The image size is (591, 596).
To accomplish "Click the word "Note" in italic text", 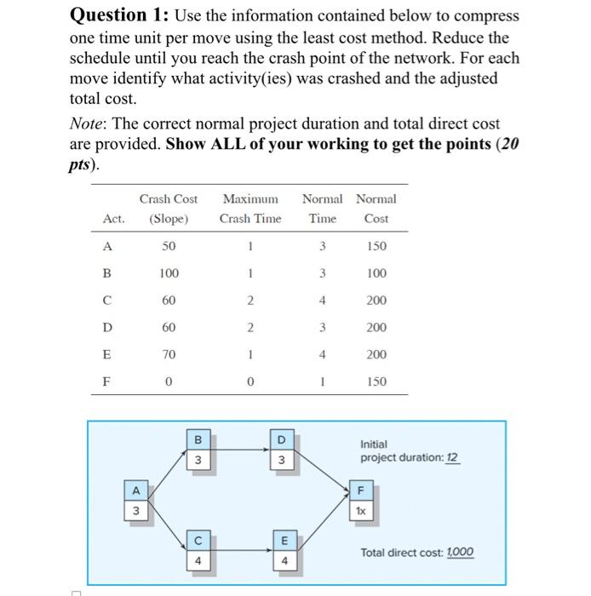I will pyautogui.click(x=85, y=124).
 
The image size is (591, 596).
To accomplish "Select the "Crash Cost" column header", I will pyautogui.click(x=169, y=199).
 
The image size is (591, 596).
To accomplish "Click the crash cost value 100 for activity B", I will pyautogui.click(x=169, y=273).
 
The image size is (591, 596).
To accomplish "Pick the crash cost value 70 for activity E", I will pyautogui.click(x=169, y=355).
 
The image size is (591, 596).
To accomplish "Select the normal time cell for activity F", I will pyautogui.click(x=323, y=382).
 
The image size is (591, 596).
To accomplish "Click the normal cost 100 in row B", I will pyautogui.click(x=376, y=273).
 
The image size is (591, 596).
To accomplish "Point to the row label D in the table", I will pyautogui.click(x=107, y=328).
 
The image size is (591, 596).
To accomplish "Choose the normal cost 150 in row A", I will pyautogui.click(x=376, y=246).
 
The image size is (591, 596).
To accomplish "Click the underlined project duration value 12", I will pyautogui.click(x=453, y=458).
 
